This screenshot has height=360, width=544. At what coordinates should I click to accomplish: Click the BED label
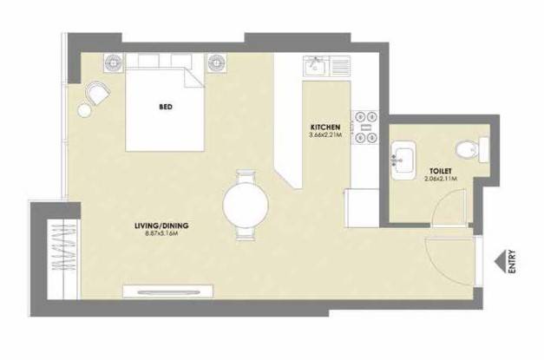pyautogui.click(x=166, y=107)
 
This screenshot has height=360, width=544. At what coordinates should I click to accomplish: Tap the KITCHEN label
pyautogui.click(x=325, y=127)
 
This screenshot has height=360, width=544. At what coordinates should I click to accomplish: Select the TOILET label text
pyautogui.click(x=441, y=172)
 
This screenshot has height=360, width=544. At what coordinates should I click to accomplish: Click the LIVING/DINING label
pyautogui.click(x=161, y=226)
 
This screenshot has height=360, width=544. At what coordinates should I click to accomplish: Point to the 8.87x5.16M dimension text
pyautogui.click(x=161, y=233)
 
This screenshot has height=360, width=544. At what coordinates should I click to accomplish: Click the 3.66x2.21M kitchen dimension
pyautogui.click(x=325, y=134)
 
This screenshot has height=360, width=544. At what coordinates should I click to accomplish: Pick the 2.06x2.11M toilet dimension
pyautogui.click(x=441, y=179)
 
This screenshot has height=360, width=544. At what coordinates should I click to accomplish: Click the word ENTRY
pyautogui.click(x=512, y=261)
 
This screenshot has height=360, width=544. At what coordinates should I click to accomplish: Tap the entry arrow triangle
pyautogui.click(x=500, y=262)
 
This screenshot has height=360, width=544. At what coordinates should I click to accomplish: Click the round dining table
pyautogui.click(x=246, y=205)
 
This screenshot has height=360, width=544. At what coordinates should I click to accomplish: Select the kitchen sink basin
pyautogui.click(x=314, y=66)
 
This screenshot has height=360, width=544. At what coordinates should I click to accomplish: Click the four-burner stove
pyautogui.click(x=365, y=127)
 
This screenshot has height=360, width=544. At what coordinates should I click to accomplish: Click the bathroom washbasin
pyautogui.click(x=403, y=160)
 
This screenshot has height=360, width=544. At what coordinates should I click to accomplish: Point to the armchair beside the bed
pyautogui.click(x=98, y=92)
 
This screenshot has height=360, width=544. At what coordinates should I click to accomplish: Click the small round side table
pyautogui.click(x=85, y=111)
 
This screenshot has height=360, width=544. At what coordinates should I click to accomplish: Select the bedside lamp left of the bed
pyautogui.click(x=113, y=63)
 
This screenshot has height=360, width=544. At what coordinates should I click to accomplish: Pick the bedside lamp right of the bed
pyautogui.click(x=217, y=63)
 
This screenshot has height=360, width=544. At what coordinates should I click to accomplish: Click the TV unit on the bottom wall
pyautogui.click(x=168, y=291)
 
